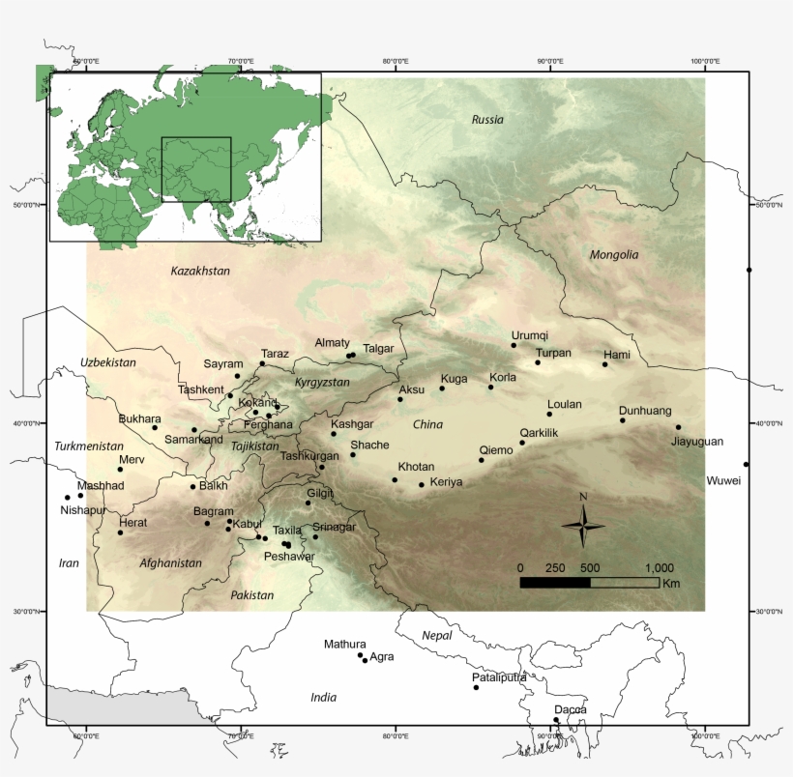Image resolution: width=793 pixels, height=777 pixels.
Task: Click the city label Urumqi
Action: pos(529,335)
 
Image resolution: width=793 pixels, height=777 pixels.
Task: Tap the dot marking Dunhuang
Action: pos(623,420)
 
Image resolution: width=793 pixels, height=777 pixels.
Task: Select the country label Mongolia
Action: pos(614,255)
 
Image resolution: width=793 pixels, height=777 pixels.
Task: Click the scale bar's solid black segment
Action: pos(555,583)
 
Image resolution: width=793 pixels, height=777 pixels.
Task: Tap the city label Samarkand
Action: pos(193,440)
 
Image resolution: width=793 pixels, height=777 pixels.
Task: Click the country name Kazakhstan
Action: pos(200,271)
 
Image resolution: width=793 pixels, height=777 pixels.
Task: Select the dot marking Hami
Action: pos(605,364)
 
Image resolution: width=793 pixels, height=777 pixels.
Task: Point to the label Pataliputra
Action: pos(499,677)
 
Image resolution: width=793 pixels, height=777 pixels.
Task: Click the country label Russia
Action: pos(487,120)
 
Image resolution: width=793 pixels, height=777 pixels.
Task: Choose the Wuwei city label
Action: pos(724,480)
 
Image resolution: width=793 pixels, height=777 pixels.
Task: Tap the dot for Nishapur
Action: pos(68,498)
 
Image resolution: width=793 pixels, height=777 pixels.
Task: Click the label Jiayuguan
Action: pos(696,442)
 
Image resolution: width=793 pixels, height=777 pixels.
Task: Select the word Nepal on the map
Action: pos(437,636)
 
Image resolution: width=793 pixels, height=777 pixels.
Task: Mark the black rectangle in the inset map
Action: pos(196,169)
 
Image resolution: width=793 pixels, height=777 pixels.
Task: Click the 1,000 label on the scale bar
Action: pos(660,567)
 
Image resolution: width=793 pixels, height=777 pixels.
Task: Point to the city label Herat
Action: pos(132,522)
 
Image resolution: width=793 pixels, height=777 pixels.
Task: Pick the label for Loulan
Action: pos(565,405)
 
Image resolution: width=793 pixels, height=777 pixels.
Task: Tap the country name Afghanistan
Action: pos(170,563)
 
